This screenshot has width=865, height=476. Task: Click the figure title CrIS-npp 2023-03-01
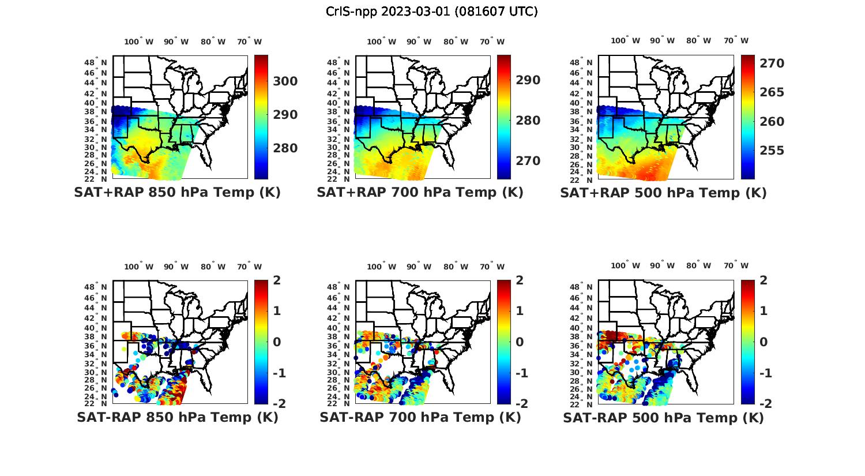click(x=431, y=12)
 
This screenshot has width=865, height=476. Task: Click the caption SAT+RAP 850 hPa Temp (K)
click(x=177, y=193)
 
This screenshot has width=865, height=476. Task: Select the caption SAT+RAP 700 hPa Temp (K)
click(x=420, y=193)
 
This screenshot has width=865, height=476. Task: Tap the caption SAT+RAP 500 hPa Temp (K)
click(x=663, y=193)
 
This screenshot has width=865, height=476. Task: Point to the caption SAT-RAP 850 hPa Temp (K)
click(x=177, y=417)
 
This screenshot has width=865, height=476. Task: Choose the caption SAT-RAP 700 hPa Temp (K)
click(x=420, y=417)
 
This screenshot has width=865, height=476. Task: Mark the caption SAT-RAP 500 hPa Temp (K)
click(x=663, y=417)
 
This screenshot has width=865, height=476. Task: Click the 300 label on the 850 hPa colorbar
click(x=285, y=81)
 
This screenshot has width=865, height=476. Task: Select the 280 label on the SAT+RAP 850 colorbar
click(x=285, y=148)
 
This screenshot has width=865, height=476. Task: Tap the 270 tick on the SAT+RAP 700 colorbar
click(x=528, y=160)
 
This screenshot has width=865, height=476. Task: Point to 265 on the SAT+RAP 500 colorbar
click(x=772, y=92)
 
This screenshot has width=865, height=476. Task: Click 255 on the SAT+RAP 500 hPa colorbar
click(x=772, y=151)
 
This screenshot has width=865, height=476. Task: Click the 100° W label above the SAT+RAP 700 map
click(x=381, y=42)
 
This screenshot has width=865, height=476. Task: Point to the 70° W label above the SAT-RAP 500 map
click(x=736, y=266)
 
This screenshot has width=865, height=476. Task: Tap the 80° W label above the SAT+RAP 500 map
click(x=698, y=40)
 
